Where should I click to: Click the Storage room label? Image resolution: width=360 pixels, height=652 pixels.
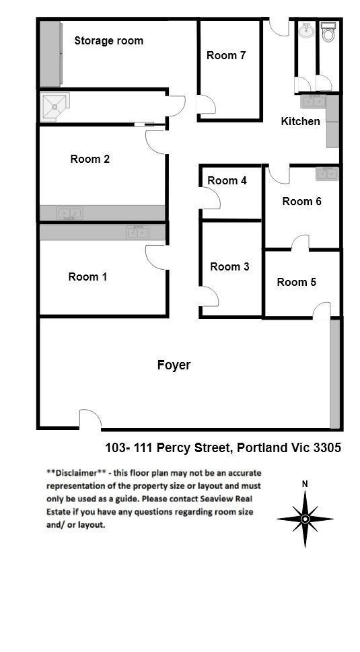(x=108, y=41)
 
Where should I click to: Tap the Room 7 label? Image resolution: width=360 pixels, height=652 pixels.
(x=226, y=55)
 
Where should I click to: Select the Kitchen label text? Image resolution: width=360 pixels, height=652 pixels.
(x=301, y=121)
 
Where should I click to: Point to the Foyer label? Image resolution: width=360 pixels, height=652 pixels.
(x=174, y=365)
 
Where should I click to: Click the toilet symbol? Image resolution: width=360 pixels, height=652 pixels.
(x=328, y=32)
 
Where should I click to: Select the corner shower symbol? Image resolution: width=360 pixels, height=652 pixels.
(x=55, y=107)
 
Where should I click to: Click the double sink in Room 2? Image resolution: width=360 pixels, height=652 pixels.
(x=69, y=213)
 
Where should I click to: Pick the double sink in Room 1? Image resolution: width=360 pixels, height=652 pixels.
(x=137, y=232)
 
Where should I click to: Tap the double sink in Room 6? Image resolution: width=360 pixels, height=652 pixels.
(x=327, y=174)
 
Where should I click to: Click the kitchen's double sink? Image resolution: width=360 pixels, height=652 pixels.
(x=313, y=102)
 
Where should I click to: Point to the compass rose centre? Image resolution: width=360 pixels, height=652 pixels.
(x=305, y=519)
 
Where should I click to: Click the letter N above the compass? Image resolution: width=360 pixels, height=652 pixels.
(x=305, y=484)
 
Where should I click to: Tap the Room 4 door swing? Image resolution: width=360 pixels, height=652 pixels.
(x=211, y=198)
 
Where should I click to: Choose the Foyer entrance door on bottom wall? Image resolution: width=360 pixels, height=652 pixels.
(x=90, y=419)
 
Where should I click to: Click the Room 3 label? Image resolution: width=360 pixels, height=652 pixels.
(x=229, y=266)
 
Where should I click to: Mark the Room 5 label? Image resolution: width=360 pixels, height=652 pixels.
(x=296, y=282)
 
